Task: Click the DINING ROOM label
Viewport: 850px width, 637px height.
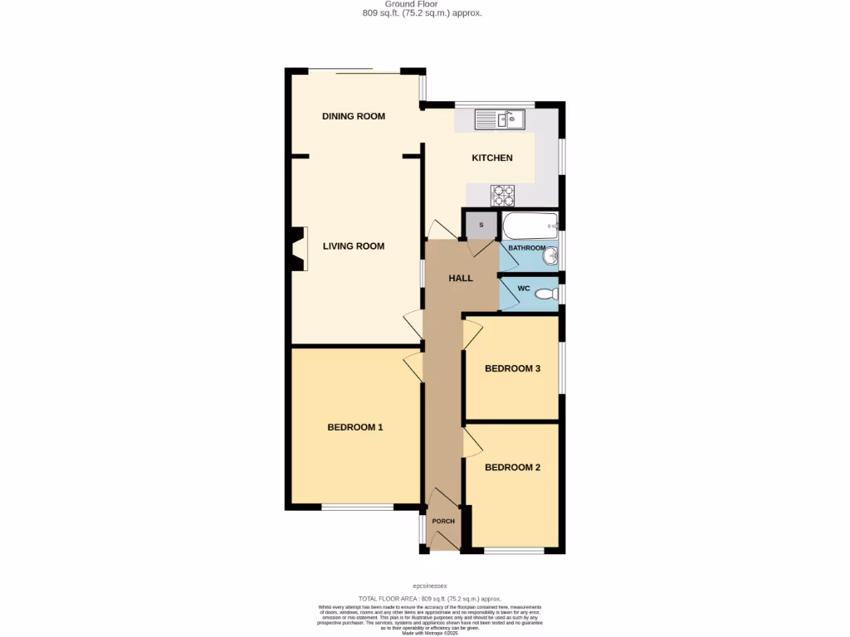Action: click(x=354, y=116)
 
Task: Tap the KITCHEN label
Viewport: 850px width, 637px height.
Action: click(x=492, y=158)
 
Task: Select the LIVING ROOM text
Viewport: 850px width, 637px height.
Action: click(x=354, y=246)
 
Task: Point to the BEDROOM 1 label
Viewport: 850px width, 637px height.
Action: click(x=354, y=427)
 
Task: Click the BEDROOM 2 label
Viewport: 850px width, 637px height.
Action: click(x=512, y=467)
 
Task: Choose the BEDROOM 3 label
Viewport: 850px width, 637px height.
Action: click(x=512, y=368)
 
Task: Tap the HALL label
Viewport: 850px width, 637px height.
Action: click(x=461, y=278)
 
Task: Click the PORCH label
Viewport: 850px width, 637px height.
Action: click(x=443, y=521)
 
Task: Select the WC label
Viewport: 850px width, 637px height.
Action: click(x=523, y=289)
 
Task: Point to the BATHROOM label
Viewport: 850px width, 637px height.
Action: click(x=526, y=248)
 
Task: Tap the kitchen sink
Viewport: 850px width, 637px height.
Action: click(x=501, y=120)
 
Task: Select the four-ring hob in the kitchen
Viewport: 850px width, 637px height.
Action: click(x=502, y=195)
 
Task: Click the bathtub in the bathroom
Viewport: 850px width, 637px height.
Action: click(x=530, y=225)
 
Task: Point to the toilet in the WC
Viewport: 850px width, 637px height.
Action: click(x=546, y=294)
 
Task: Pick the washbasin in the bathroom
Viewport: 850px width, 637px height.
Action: click(x=550, y=257)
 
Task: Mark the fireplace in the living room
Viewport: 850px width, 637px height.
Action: click(x=298, y=249)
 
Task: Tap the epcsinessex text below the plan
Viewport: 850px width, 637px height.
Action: click(x=430, y=586)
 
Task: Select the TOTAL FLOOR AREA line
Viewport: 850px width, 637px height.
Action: click(x=429, y=598)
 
